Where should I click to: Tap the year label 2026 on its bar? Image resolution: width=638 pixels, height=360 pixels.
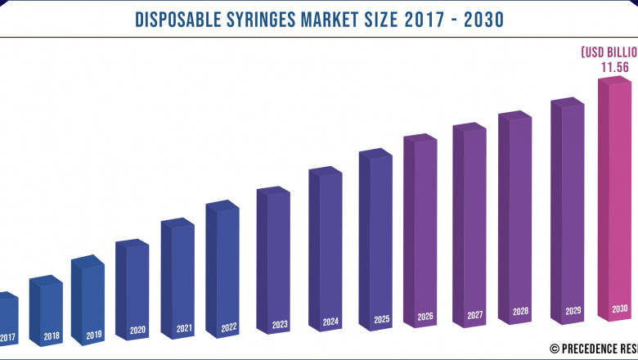425,317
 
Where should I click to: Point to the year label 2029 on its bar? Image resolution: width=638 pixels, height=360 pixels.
573,312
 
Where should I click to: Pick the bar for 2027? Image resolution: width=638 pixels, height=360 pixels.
474,221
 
